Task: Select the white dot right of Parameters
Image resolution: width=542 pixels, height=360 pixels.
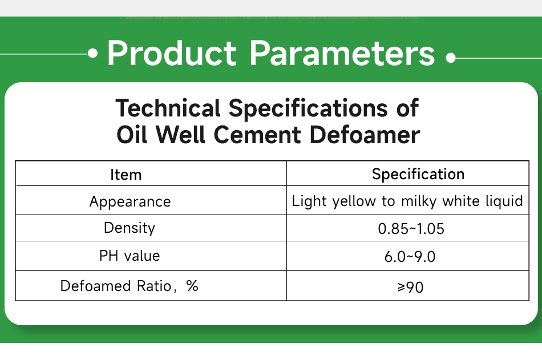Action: (x=451, y=58)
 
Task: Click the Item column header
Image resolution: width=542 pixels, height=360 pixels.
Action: (x=126, y=175)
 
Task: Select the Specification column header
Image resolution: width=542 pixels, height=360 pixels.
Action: (x=418, y=174)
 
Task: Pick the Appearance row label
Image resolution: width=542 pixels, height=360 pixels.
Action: (x=130, y=201)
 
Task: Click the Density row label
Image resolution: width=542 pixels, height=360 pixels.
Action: (x=130, y=228)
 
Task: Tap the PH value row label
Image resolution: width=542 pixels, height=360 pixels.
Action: (x=130, y=256)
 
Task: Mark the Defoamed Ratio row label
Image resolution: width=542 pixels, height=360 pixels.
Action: (x=116, y=286)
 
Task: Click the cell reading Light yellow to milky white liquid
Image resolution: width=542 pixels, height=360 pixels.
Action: (x=407, y=201)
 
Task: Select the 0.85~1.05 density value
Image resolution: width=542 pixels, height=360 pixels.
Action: (x=411, y=229)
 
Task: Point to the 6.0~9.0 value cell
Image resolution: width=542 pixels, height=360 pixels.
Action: (x=410, y=257)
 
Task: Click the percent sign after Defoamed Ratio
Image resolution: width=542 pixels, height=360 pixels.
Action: (x=192, y=286)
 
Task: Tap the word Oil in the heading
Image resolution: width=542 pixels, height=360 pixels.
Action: (x=132, y=135)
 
